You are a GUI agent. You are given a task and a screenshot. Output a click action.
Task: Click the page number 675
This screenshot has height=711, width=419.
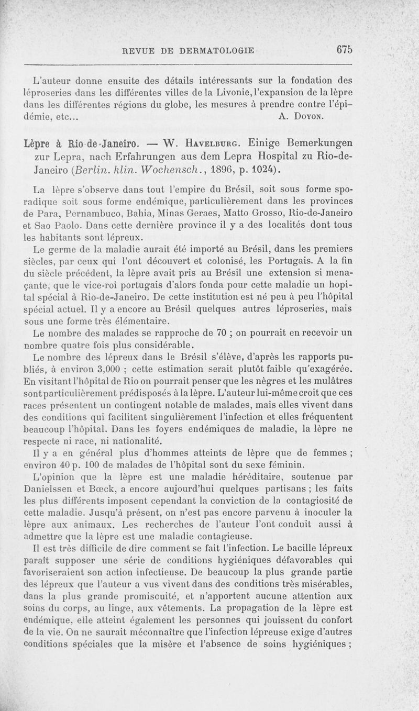[345, 50]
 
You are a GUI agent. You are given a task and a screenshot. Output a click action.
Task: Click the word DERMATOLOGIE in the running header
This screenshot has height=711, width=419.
[216, 51]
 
